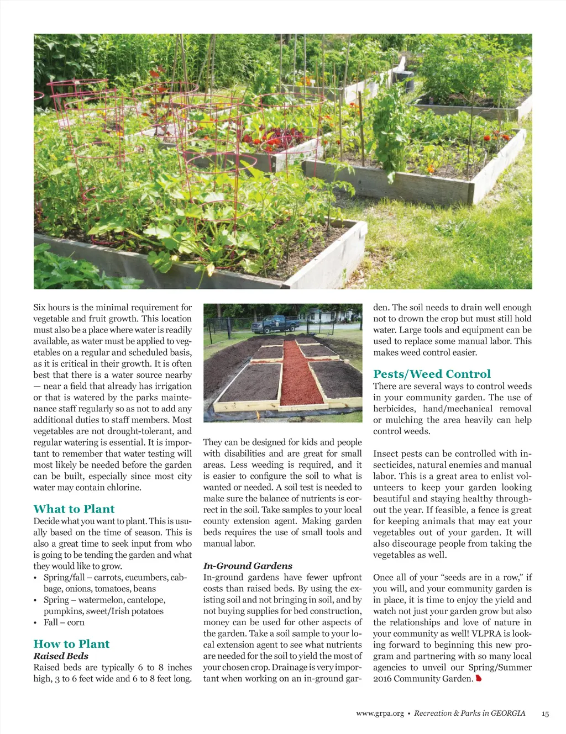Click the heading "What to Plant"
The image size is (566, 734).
[74, 509]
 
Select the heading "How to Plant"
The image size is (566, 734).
[71, 643]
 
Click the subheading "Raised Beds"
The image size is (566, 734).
[61, 656]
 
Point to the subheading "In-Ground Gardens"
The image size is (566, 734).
[248, 566]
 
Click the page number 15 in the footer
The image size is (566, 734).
[545, 714]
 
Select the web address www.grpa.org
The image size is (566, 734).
[380, 714]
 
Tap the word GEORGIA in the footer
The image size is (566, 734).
[508, 713]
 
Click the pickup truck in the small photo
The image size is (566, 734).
[275, 323]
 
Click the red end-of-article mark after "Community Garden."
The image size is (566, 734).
[479, 678]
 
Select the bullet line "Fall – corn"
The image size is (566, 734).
[64, 622]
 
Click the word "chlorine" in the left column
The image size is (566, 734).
[122, 487]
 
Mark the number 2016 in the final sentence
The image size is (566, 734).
[383, 679]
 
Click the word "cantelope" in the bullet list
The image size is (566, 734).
[146, 600]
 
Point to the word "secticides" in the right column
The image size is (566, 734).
[392, 465]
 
